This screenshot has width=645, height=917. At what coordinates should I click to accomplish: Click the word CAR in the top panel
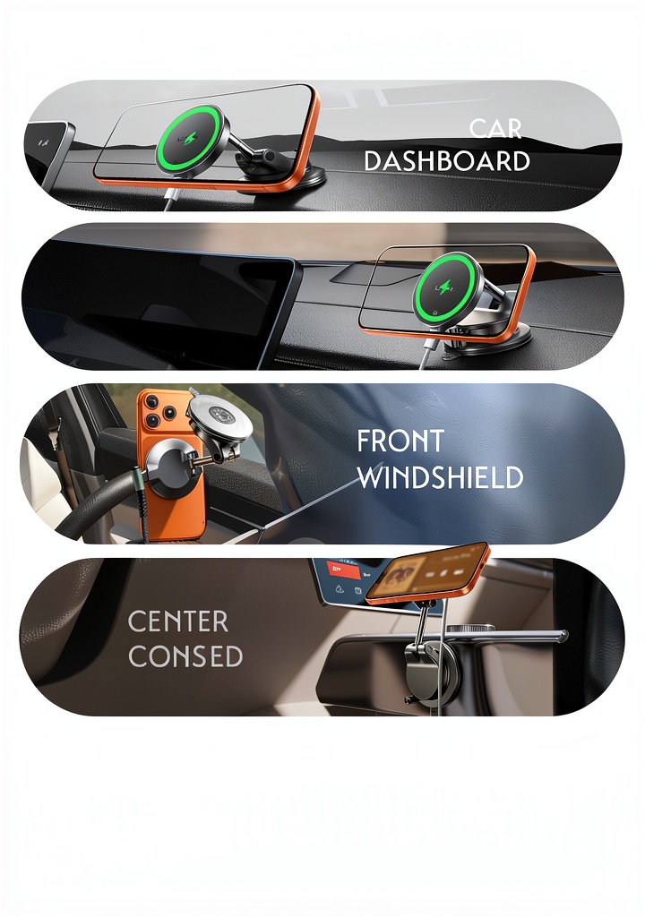(495, 129)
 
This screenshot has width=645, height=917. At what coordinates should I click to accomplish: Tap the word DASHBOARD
(447, 161)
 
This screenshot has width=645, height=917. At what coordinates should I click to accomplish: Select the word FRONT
(400, 441)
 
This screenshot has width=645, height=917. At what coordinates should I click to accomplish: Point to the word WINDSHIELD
(440, 477)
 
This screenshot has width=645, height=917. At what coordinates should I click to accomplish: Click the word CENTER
(178, 621)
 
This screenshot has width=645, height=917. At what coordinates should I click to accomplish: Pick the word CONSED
(185, 656)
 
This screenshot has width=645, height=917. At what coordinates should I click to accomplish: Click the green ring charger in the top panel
(192, 139)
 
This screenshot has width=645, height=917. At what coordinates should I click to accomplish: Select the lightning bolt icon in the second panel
(445, 287)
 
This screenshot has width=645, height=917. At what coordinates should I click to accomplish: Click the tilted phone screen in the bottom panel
(426, 572)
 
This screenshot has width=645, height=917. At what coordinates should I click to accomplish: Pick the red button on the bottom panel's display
(338, 568)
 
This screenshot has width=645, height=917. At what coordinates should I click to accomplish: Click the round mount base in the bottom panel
(432, 666)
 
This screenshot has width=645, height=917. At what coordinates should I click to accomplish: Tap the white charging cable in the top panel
(171, 200)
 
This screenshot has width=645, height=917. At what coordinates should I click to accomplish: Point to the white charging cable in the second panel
(426, 354)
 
